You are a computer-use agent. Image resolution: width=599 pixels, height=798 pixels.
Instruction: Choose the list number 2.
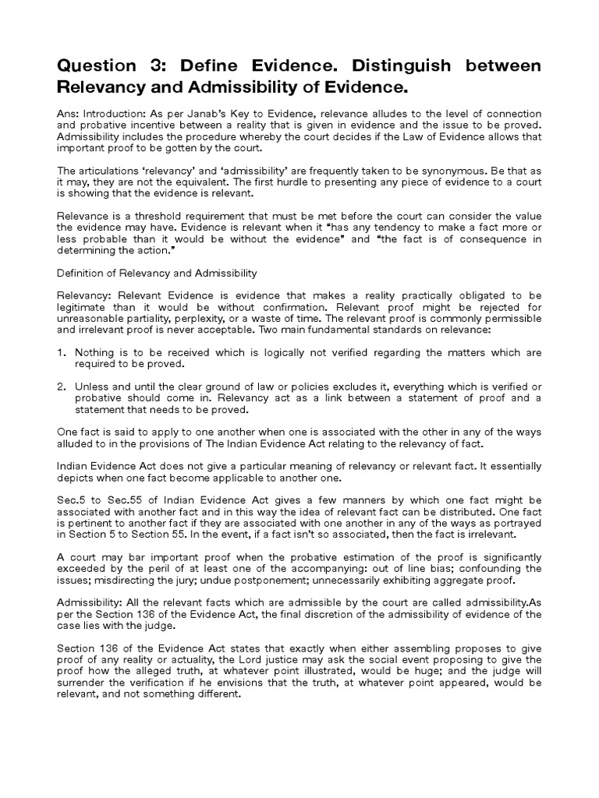(62, 387)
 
